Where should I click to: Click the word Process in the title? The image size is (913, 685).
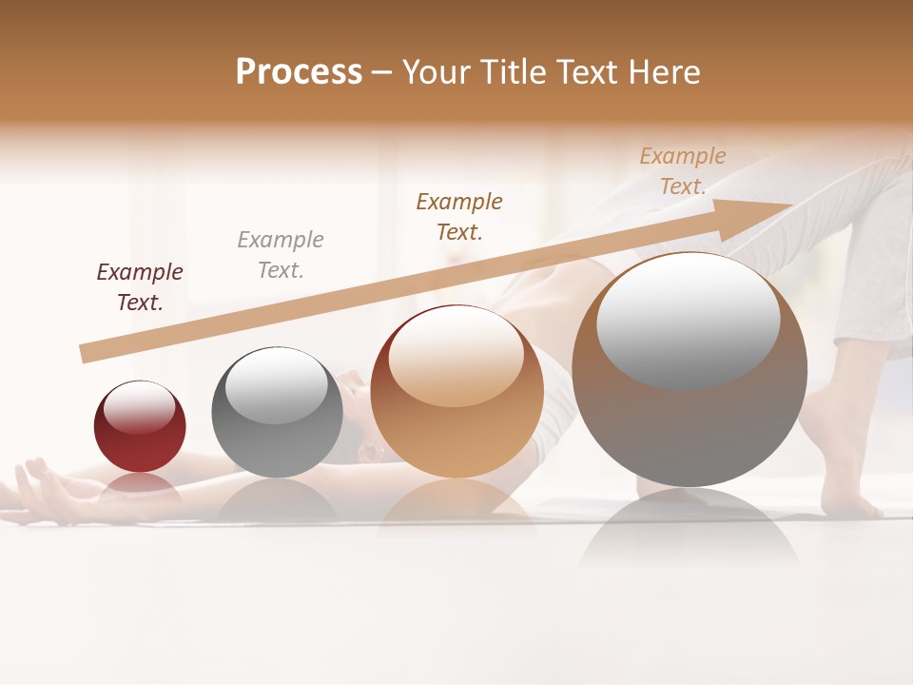click(299, 72)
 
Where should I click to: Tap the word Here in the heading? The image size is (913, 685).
click(665, 72)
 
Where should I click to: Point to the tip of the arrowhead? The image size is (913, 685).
click(791, 205)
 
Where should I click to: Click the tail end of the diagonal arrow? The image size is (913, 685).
click(84, 354)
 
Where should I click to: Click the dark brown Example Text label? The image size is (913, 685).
click(459, 217)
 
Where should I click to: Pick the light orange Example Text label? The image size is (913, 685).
click(683, 171)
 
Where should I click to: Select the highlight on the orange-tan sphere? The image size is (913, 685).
click(456, 357)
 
